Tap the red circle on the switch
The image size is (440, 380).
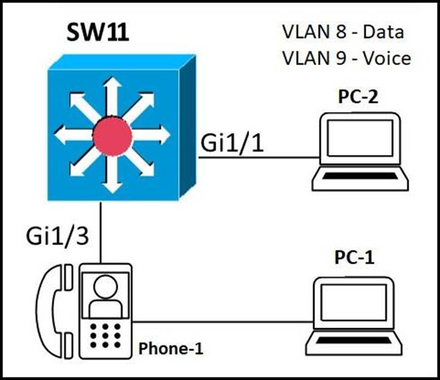[x=112, y=136]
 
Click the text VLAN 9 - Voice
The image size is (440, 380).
[x=346, y=58]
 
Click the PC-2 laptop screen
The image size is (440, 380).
[x=360, y=139]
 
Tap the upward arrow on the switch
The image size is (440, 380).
[x=110, y=91]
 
